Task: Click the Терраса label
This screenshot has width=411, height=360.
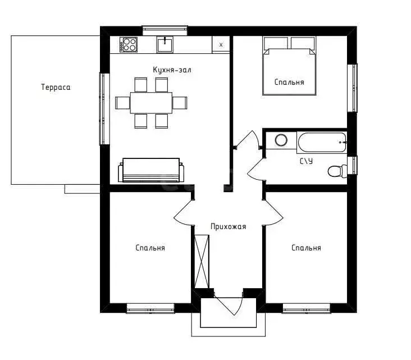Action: click(x=56, y=87)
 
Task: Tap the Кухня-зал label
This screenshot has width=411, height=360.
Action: click(x=172, y=70)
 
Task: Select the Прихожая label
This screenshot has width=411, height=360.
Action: click(x=229, y=226)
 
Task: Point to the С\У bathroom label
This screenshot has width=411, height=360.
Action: click(x=306, y=161)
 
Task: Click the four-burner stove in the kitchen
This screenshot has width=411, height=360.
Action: click(x=129, y=44)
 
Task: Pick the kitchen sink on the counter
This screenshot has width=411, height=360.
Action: click(x=165, y=44)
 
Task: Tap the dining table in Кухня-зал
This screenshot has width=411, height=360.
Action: click(x=151, y=103)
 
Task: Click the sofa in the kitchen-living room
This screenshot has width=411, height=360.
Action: click(x=151, y=170)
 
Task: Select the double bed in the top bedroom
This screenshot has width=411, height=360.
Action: click(x=289, y=66)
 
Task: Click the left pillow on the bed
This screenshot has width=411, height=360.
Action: click(x=276, y=43)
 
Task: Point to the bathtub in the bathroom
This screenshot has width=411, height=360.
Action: click(x=322, y=142)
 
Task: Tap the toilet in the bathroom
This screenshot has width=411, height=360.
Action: click(x=337, y=171)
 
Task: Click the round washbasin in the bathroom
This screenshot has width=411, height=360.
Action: click(x=281, y=140)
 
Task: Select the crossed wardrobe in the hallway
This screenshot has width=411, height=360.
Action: click(x=202, y=261)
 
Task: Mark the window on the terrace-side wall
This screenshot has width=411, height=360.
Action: click(x=104, y=109)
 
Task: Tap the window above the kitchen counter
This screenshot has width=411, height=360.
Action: click(x=165, y=30)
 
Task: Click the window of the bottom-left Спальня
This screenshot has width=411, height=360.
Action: click(x=150, y=308)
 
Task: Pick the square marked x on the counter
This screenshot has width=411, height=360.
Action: click(x=221, y=45)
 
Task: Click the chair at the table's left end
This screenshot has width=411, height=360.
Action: click(x=122, y=103)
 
